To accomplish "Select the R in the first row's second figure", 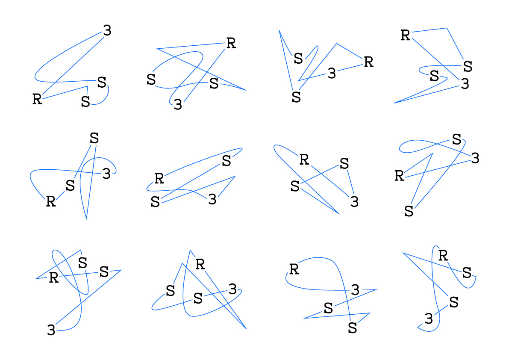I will click(231, 43).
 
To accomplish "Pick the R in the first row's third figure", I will click(368, 62).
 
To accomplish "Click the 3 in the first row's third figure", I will click(332, 74).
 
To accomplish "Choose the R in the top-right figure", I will click(406, 35).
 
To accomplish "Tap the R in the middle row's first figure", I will click(51, 201).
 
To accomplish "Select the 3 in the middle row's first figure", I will click(106, 174).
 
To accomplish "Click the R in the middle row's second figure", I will click(159, 178).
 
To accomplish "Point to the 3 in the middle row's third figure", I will click(354, 201).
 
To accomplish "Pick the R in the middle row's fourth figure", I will click(399, 175).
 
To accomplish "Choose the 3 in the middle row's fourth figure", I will click(474, 158).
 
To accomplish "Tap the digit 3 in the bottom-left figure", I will click(51, 330).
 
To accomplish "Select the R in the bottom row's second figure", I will click(200, 264).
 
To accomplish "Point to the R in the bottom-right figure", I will click(443, 256).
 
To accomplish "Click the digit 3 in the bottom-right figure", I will click(429, 318).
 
